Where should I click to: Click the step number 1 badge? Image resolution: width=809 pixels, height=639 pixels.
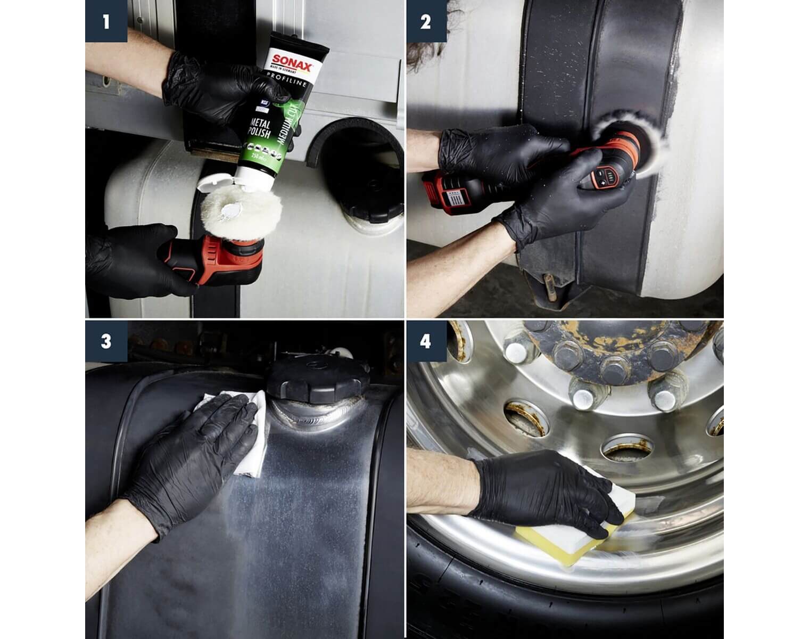coord(106,21)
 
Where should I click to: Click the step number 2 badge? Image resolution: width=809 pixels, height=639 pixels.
coord(426,21)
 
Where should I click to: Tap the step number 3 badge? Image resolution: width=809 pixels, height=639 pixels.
coord(106,341)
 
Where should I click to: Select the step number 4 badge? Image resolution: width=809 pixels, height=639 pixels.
coord(426,341)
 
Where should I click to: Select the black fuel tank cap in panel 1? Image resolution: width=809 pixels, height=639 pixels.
coord(367,205)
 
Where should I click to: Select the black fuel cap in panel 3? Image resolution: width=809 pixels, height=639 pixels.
coord(318,378)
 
